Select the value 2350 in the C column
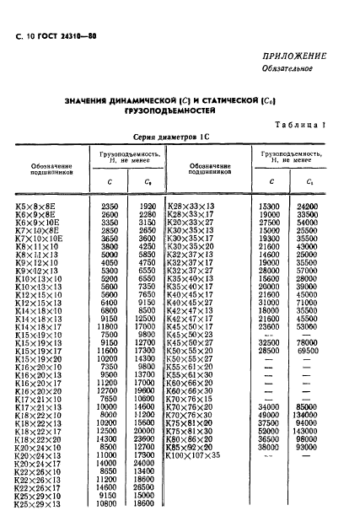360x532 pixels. click(x=110, y=207)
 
